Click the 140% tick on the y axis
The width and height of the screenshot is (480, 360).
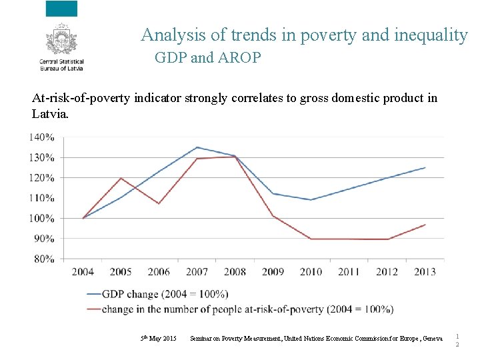click(x=41, y=137)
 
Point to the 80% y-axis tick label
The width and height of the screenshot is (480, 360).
click(x=43, y=259)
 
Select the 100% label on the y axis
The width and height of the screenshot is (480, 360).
click(x=41, y=218)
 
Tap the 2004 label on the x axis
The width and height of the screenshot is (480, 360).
click(x=83, y=272)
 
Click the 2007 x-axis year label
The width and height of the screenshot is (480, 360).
click(x=197, y=272)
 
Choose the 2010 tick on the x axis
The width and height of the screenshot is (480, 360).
click(x=311, y=272)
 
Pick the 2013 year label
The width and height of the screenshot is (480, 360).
click(x=425, y=272)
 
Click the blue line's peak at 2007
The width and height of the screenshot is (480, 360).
click(x=197, y=147)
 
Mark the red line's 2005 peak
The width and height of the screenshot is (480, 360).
click(x=121, y=178)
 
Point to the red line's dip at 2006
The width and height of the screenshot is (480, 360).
click(x=159, y=203)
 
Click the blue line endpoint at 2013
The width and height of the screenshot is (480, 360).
click(x=425, y=167)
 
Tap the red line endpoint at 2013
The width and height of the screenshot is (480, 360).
click(x=425, y=225)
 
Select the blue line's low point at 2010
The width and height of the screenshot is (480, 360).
click(x=311, y=200)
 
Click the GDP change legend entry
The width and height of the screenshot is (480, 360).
click(x=167, y=294)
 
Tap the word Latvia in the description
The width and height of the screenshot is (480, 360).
click(x=50, y=114)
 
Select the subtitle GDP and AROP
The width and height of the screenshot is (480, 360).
click(x=208, y=58)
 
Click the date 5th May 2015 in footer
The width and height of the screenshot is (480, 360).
click(x=158, y=339)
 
